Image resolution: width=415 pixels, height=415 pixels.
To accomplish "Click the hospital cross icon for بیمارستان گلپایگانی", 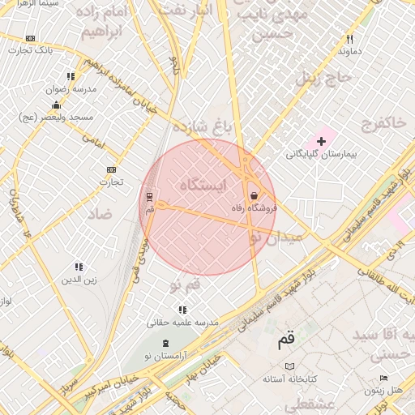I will [x=321, y=141].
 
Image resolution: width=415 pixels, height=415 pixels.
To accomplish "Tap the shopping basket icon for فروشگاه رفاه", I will [x=255, y=196].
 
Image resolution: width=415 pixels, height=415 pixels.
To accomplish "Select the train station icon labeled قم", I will [x=149, y=196].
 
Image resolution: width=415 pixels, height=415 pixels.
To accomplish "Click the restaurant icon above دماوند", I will [x=350, y=39].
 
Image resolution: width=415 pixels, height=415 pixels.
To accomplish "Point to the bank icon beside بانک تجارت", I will [x=31, y=38].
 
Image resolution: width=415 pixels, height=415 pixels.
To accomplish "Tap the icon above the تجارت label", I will [x=111, y=169].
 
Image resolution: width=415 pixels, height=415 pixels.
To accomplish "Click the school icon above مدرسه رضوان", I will [x=71, y=77].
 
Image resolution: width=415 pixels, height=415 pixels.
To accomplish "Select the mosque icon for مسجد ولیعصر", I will [x=56, y=105].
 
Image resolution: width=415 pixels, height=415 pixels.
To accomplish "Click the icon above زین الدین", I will [x=79, y=267].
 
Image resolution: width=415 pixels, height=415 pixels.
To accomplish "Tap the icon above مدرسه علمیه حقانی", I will [x=182, y=310].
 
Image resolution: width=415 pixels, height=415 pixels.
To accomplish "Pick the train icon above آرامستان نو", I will [x=166, y=344].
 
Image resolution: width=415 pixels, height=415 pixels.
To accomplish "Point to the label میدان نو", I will [x=275, y=237].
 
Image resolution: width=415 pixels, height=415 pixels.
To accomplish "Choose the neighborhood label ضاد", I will [x=100, y=214].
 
